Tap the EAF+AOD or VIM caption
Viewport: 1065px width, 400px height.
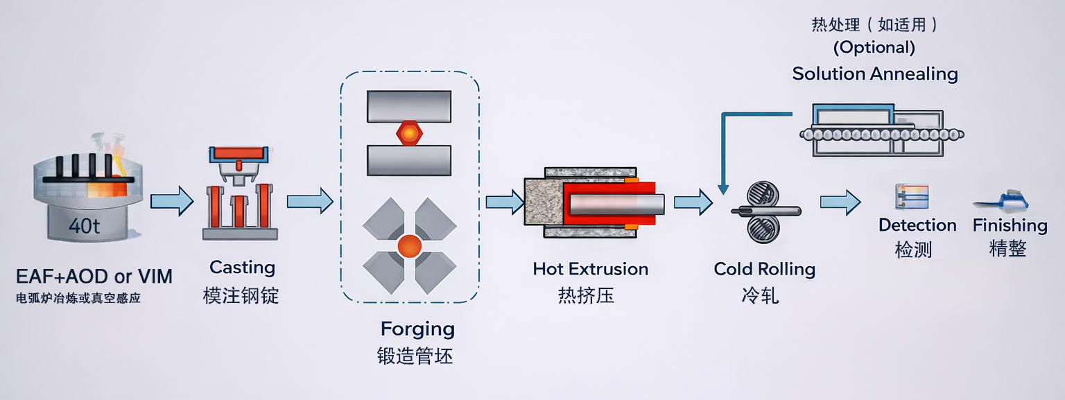click(94, 277)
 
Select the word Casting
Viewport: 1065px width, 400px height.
click(242, 268)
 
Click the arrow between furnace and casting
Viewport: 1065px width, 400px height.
click(171, 201)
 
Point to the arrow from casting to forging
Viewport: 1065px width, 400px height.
click(309, 201)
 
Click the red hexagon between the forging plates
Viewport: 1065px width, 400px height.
click(409, 131)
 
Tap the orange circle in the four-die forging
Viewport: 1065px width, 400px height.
click(409, 245)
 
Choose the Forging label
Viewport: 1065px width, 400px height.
click(417, 329)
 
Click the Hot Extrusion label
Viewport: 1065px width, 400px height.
click(591, 269)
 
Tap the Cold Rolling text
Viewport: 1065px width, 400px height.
click(764, 269)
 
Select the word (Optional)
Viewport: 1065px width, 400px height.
click(874, 48)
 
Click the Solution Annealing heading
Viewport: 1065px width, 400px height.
click(875, 73)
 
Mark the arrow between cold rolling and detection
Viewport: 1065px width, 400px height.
click(840, 202)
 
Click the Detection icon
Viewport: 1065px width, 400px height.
click(912, 198)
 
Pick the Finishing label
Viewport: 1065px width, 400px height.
click(1010, 225)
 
